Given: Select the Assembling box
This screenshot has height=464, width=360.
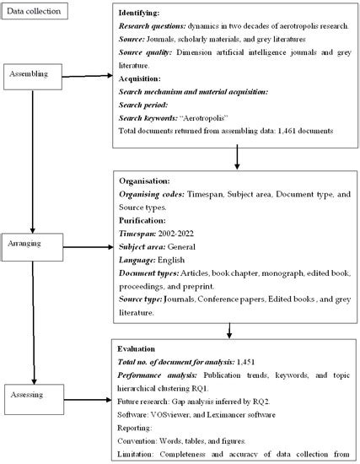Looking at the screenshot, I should (x=31, y=74).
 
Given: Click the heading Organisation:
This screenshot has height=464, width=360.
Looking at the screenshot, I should (x=147, y=180).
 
